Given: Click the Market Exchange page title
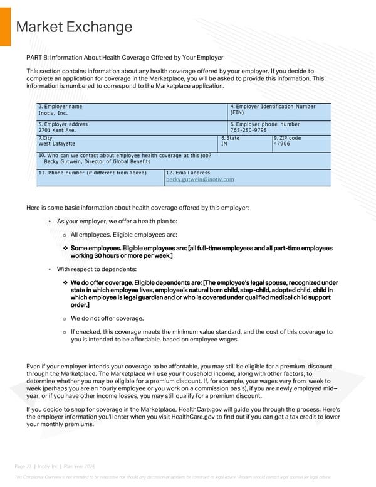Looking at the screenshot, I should click(x=74, y=27).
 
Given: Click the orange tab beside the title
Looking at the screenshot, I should click(x=5, y=25).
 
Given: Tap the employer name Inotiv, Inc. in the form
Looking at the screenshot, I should click(x=53, y=113).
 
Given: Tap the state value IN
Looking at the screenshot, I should click(x=224, y=144).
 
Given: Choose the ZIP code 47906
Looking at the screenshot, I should click(x=282, y=144).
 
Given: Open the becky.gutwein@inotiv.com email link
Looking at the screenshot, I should click(x=200, y=179).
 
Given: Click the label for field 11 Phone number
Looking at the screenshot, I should click(x=92, y=172).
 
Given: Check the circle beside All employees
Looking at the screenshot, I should click(x=65, y=235).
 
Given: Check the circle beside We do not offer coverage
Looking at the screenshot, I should click(x=65, y=318).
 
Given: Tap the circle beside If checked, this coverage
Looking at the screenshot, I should click(x=65, y=331).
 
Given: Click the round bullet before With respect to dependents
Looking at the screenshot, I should click(x=50, y=269).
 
